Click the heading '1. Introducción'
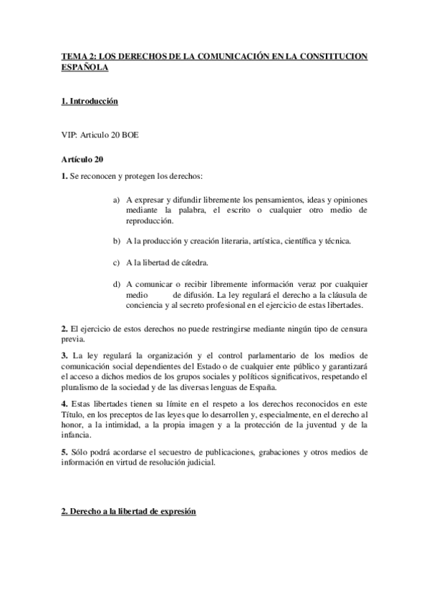click(x=90, y=102)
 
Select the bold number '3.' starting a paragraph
click(x=64, y=355)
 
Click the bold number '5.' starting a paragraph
click(x=64, y=452)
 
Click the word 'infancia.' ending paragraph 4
click(x=76, y=435)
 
